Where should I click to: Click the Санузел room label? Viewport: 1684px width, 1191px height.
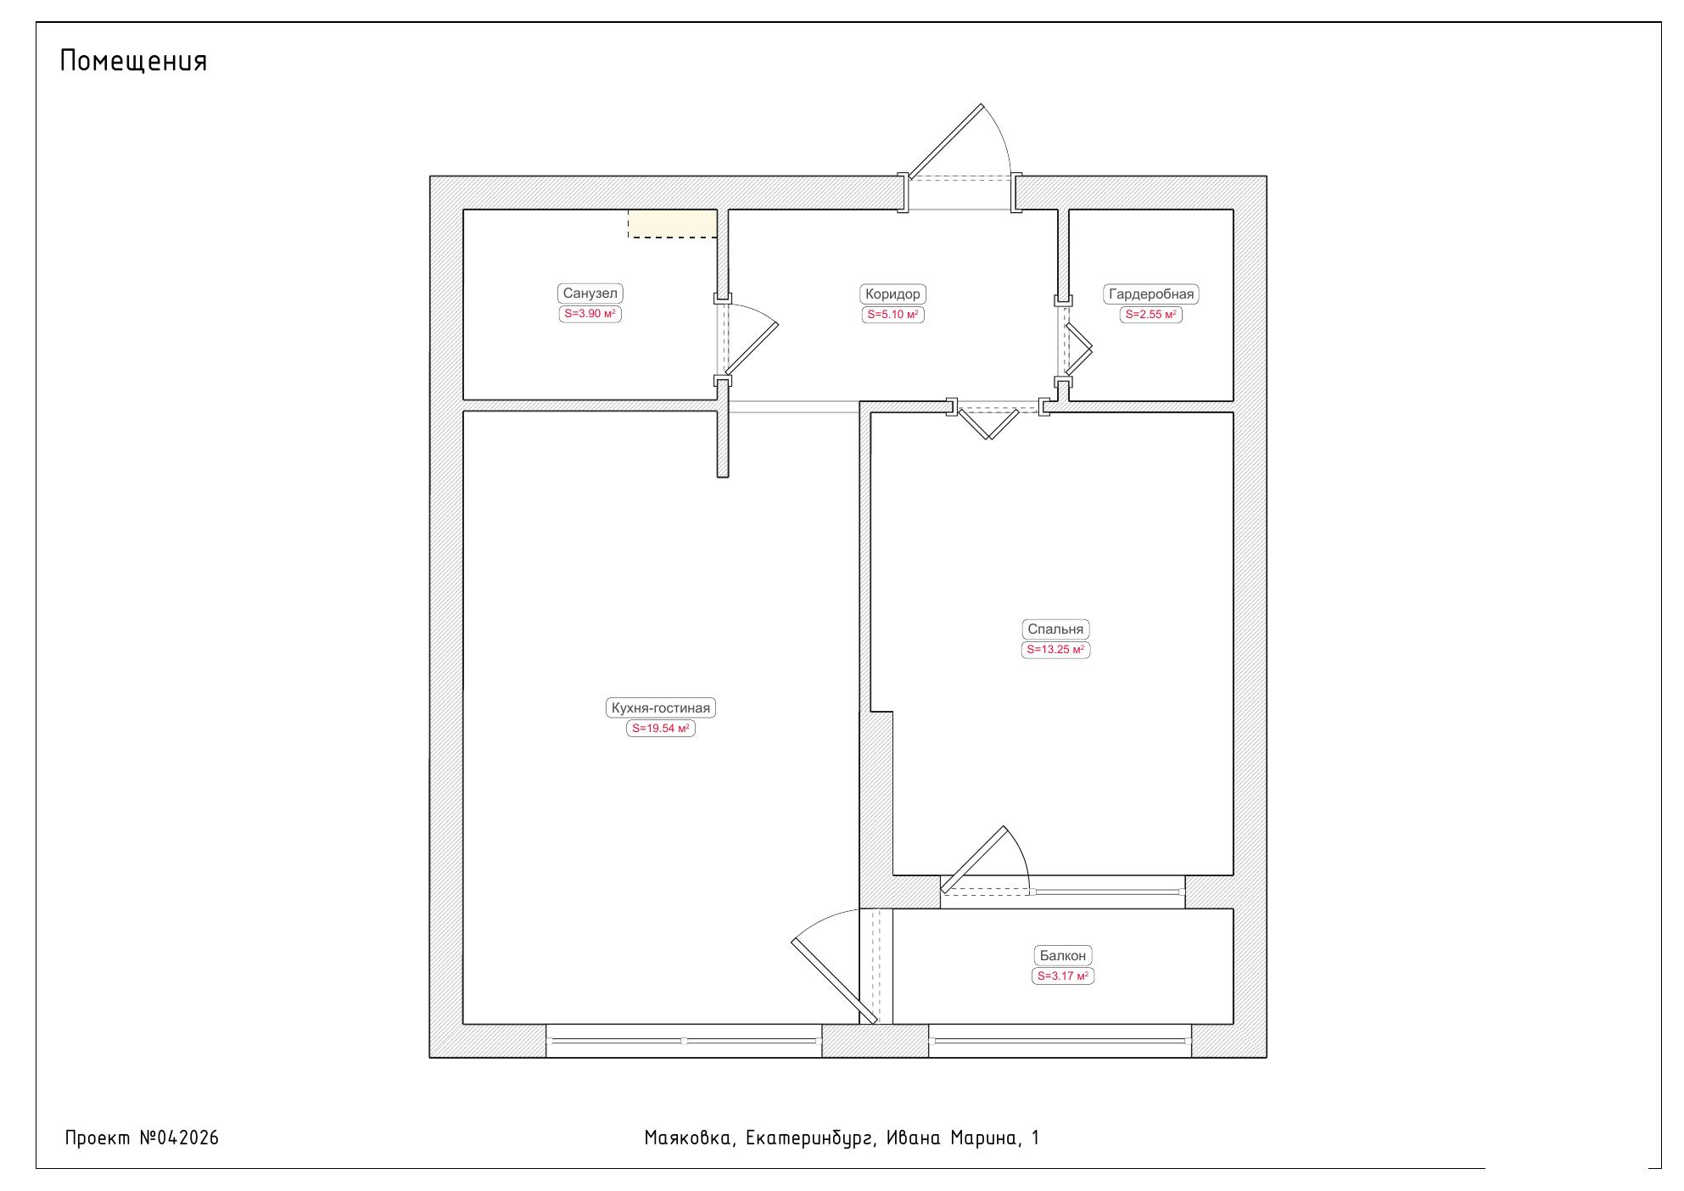(590, 294)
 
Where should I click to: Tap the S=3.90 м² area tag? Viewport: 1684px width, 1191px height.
(590, 314)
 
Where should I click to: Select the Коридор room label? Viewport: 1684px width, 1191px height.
(892, 294)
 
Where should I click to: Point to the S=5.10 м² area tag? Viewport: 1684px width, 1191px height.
(892, 315)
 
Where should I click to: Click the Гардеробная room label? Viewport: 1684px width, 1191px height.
(1151, 294)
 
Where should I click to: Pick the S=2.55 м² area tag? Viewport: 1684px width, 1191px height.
(1151, 315)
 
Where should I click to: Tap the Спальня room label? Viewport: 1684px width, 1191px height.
(1055, 629)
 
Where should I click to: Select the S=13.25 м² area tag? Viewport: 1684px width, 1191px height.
(1055, 650)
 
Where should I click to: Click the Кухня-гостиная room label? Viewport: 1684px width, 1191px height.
(661, 708)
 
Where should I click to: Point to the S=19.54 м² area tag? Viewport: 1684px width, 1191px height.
(661, 729)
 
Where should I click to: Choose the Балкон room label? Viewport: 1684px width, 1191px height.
(1063, 956)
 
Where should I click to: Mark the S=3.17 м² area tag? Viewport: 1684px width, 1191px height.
(1063, 976)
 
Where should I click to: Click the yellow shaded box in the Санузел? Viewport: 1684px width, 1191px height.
(672, 224)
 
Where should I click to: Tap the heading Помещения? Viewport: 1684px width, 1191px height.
(134, 61)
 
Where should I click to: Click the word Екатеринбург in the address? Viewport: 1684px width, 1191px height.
(810, 1138)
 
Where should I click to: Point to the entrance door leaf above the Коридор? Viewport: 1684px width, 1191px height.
(946, 142)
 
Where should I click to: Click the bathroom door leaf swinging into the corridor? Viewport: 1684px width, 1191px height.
(752, 349)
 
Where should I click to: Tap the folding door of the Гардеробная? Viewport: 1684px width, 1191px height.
(1078, 349)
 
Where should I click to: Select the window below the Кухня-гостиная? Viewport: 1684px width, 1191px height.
(684, 1041)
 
